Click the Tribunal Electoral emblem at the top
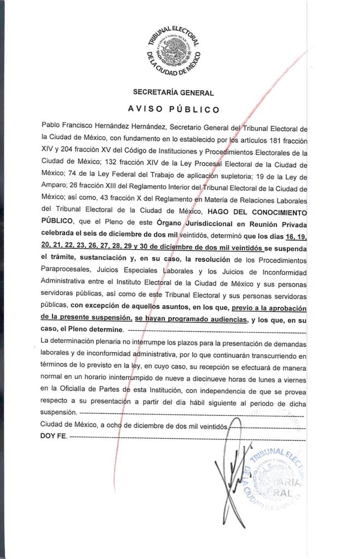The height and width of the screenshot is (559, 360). pos(174,50)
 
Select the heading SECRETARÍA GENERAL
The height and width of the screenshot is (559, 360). pos(173,93)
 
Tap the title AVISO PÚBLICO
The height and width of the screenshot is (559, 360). pos(174,109)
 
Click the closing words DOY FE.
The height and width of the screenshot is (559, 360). pos(53,438)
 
